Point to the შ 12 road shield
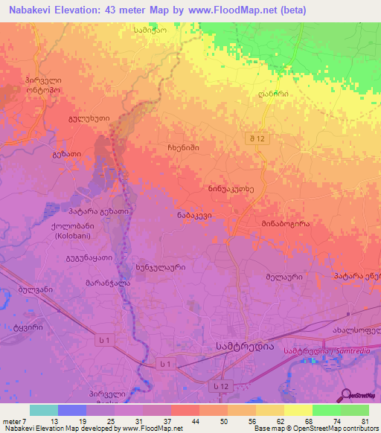[257, 139]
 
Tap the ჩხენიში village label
[183, 148]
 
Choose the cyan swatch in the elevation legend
[43, 410]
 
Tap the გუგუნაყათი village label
[88, 257]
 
